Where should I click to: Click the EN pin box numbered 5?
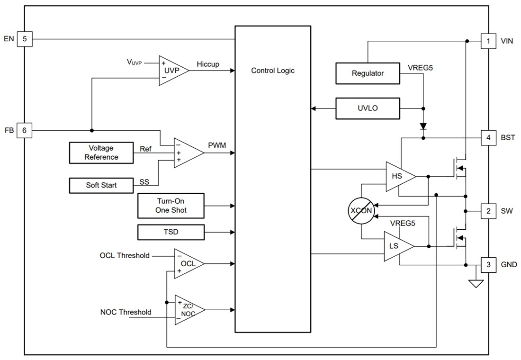(25, 39)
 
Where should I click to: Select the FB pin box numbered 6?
(25, 130)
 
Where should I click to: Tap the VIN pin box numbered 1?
(488, 41)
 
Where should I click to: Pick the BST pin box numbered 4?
(488, 138)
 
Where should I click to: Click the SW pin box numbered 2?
(488, 211)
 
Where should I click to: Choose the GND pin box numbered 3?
(488, 264)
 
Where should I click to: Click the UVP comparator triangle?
(171, 70)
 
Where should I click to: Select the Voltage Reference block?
(101, 153)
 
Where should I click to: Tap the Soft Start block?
(101, 185)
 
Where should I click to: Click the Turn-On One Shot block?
(171, 206)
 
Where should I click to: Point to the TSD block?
(171, 232)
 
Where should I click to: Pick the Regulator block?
(368, 73)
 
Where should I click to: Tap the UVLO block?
(368, 108)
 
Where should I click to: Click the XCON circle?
(361, 210)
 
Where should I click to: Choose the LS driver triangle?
(396, 246)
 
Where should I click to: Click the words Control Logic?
(272, 71)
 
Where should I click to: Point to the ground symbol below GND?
(475, 283)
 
